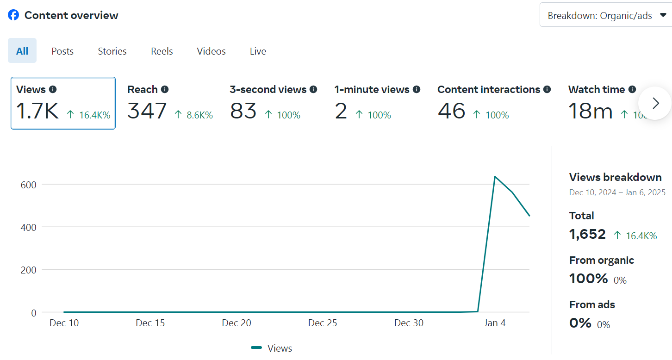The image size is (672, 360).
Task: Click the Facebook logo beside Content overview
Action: (x=13, y=15)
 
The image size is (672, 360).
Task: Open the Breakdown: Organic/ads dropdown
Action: (x=606, y=16)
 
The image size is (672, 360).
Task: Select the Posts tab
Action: (x=62, y=51)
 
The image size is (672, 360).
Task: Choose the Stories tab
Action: (x=112, y=51)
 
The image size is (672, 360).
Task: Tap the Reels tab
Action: (x=162, y=51)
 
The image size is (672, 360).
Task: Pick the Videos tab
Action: (x=211, y=51)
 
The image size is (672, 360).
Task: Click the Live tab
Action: (x=258, y=51)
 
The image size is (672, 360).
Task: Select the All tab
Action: (x=22, y=51)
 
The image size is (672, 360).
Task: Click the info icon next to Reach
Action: (x=165, y=89)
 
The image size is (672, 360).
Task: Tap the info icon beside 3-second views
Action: (x=313, y=89)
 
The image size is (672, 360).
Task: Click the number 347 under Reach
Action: (x=147, y=112)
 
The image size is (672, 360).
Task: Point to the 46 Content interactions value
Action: (x=451, y=112)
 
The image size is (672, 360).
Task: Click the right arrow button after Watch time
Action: (x=655, y=103)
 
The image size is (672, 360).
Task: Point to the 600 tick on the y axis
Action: (x=28, y=184)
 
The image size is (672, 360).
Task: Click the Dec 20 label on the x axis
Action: (x=236, y=323)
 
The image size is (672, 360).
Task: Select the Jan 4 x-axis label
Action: (x=495, y=323)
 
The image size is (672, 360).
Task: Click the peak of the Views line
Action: (x=495, y=177)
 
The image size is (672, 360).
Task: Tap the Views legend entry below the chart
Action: (x=272, y=348)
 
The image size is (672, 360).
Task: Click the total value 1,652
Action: (x=587, y=234)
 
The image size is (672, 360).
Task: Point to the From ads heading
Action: (x=592, y=304)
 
